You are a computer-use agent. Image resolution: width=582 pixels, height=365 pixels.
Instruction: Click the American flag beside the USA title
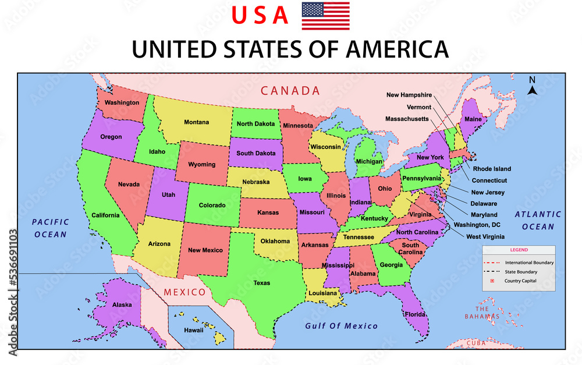click(325, 16)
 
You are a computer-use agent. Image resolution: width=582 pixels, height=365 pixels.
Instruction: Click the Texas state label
click(261, 284)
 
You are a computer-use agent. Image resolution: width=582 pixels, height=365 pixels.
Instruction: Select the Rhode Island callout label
click(492, 169)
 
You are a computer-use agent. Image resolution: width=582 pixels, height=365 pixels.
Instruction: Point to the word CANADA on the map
click(290, 91)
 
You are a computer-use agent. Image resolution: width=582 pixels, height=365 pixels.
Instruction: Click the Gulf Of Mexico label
click(341, 326)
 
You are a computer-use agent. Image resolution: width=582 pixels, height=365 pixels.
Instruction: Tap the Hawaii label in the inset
click(193, 330)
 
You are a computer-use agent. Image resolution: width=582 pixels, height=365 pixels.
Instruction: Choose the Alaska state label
click(122, 304)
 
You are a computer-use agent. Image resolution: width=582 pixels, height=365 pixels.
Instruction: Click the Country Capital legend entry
click(520, 281)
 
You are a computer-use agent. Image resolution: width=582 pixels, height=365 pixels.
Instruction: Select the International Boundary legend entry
click(528, 263)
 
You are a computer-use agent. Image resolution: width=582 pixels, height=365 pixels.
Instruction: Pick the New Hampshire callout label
click(409, 95)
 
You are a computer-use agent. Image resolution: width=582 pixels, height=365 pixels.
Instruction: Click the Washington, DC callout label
click(477, 225)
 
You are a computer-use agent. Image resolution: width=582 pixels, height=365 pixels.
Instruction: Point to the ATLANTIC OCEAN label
click(538, 220)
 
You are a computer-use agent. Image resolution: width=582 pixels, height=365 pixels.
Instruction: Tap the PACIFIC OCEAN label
click(51, 228)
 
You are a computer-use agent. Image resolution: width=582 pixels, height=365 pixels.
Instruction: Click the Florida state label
click(416, 315)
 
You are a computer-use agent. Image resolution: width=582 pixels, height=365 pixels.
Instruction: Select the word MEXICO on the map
click(184, 292)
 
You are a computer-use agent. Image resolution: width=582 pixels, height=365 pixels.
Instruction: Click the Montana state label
click(197, 122)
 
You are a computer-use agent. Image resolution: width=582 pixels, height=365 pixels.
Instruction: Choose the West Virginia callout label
click(485, 237)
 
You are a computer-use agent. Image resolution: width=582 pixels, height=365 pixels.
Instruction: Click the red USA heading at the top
click(260, 16)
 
